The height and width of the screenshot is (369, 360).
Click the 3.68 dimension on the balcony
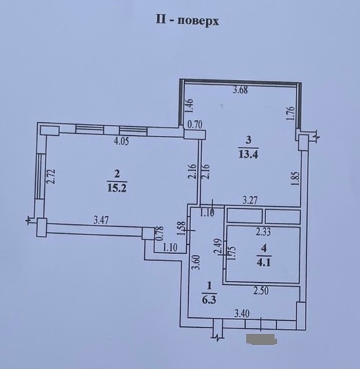click(240, 90)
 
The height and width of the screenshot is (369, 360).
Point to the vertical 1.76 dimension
click(292, 113)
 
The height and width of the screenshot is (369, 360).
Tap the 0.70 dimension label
click(194, 125)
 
